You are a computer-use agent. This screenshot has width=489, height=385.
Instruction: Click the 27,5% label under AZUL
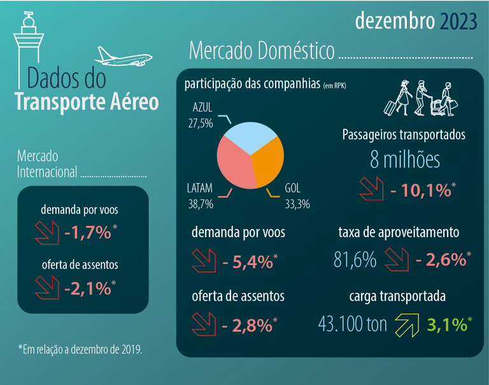(x=201, y=122)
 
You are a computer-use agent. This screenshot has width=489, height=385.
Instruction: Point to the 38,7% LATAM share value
(x=200, y=205)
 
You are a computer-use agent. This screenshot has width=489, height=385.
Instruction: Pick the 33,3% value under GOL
(x=297, y=205)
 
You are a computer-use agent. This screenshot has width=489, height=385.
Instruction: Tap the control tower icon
(x=27, y=45)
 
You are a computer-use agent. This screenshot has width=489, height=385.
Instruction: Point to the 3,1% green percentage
(x=447, y=325)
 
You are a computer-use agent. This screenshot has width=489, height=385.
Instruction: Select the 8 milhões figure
(x=405, y=159)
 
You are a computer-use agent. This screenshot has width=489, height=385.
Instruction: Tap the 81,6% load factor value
(x=355, y=260)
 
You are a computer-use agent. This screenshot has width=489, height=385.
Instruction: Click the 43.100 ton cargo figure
(x=352, y=324)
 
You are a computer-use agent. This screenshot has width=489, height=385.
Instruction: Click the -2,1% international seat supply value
(x=88, y=288)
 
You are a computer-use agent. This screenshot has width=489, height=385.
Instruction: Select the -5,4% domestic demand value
(x=248, y=261)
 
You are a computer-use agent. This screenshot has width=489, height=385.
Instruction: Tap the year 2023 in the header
(x=457, y=22)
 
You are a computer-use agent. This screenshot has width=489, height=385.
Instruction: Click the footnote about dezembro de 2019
(x=80, y=349)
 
